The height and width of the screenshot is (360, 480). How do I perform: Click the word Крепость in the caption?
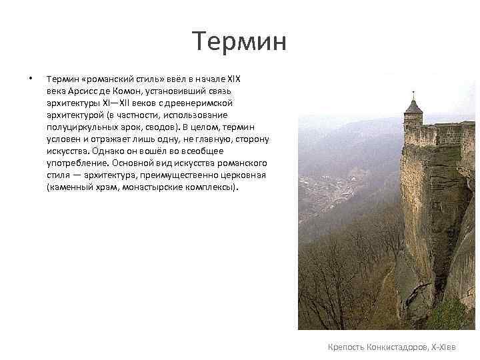tap(347, 347)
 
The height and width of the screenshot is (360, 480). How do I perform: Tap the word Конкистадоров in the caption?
tap(398, 347)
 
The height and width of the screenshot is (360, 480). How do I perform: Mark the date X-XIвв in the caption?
tap(451, 347)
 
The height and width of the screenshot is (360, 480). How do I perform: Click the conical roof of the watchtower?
tap(413, 106)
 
